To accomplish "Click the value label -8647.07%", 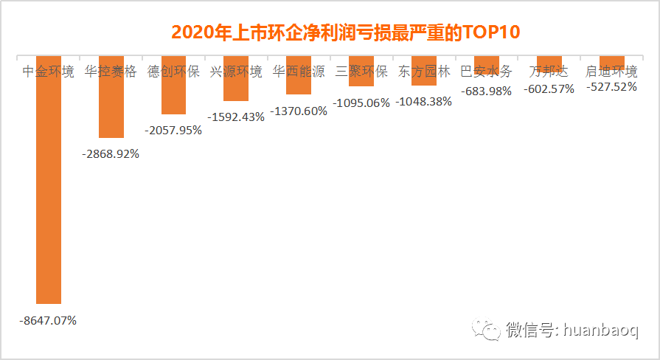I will point(49,321).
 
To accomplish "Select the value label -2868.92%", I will point(111,154).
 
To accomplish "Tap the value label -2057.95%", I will point(173,130).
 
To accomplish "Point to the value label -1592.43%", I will point(236,117).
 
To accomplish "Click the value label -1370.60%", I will point(299,111).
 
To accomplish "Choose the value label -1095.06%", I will point(361,103).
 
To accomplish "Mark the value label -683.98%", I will point(486,91).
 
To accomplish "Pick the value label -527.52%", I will point(611,86).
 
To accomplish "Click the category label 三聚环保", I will point(361,72).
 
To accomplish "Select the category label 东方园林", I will point(423,72).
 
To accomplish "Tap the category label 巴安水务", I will point(486,72).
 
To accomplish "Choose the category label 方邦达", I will point(549,72).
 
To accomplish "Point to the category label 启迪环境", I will point(611,72).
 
